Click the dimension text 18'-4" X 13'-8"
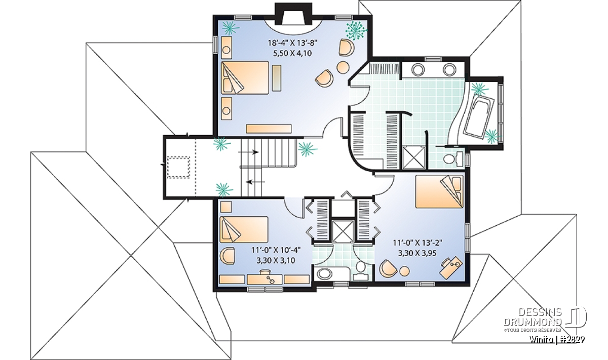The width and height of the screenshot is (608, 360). (293, 43)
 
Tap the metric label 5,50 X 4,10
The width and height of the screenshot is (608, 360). (293, 53)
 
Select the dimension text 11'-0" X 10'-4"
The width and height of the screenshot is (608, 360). (276, 250)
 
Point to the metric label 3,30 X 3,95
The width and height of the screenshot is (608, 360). (417, 253)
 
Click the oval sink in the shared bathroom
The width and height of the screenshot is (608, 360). (325, 274)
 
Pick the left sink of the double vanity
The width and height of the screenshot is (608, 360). (418, 70)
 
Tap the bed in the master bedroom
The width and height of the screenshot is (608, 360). (245, 78)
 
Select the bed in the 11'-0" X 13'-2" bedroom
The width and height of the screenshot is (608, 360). (439, 192)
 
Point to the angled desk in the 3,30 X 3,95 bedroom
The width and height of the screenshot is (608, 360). (451, 267)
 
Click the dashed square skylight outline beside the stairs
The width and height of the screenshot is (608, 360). (178, 167)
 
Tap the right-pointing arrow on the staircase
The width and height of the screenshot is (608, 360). (248, 152)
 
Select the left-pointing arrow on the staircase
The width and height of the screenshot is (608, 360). (255, 182)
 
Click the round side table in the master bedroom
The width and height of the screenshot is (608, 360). (343, 67)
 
